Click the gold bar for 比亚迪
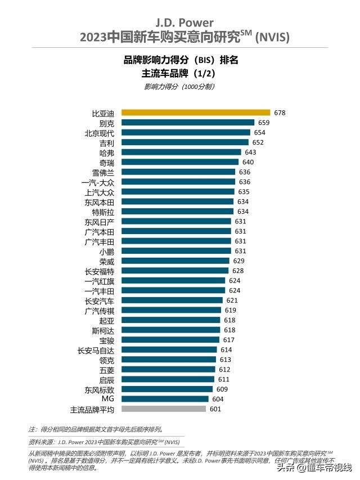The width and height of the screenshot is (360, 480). click(x=196, y=113)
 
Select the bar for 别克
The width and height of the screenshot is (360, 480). click(x=188, y=123)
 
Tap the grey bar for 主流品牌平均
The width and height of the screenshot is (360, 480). click(x=164, y=409)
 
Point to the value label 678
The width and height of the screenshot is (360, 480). click(x=280, y=113)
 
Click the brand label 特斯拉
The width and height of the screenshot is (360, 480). click(x=103, y=212)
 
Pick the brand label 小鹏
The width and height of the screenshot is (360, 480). click(x=107, y=251)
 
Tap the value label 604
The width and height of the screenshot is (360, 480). click(x=218, y=399)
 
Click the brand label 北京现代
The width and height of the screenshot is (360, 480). click(x=99, y=133)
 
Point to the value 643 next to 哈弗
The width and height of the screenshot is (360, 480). click(x=250, y=152)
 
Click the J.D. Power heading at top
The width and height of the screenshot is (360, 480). click(x=181, y=23)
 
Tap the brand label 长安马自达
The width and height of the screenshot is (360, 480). click(x=96, y=349)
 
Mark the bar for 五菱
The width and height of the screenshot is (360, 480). click(x=168, y=369)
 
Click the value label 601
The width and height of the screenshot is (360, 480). click(x=216, y=409)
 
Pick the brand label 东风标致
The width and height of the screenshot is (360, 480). click(x=99, y=389)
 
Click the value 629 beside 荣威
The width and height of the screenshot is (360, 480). click(x=238, y=261)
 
